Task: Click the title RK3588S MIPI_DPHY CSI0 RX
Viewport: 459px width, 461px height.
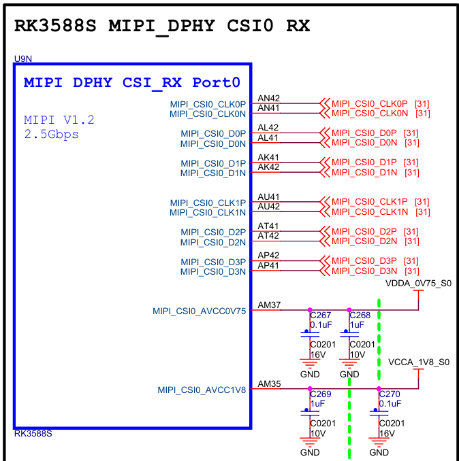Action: click(x=162, y=26)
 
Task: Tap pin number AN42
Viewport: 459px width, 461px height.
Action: click(x=268, y=99)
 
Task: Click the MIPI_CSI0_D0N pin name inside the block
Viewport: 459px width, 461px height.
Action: click(x=213, y=143)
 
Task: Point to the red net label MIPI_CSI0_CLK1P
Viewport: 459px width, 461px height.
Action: click(x=370, y=202)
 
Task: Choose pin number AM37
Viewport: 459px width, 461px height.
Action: click(x=268, y=305)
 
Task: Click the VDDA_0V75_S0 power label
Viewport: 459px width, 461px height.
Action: click(x=419, y=283)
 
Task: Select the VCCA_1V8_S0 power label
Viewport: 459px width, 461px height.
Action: click(x=419, y=362)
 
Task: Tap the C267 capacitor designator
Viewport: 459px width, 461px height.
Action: click(x=321, y=315)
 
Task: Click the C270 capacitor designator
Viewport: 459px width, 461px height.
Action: click(x=390, y=394)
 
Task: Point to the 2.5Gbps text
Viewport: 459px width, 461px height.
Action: click(x=51, y=135)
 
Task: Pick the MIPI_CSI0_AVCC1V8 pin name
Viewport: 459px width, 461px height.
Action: click(x=202, y=390)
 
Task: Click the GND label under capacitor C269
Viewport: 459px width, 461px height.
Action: click(x=310, y=452)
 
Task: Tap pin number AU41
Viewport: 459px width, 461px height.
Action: click(x=268, y=197)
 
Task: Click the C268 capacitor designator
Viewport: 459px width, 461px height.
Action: click(x=360, y=315)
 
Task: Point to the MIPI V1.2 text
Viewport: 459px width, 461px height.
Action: click(x=59, y=120)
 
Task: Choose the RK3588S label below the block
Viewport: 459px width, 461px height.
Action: click(x=33, y=434)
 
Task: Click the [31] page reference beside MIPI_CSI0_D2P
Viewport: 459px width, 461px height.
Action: click(x=411, y=232)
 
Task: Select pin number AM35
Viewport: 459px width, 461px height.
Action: click(x=268, y=385)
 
